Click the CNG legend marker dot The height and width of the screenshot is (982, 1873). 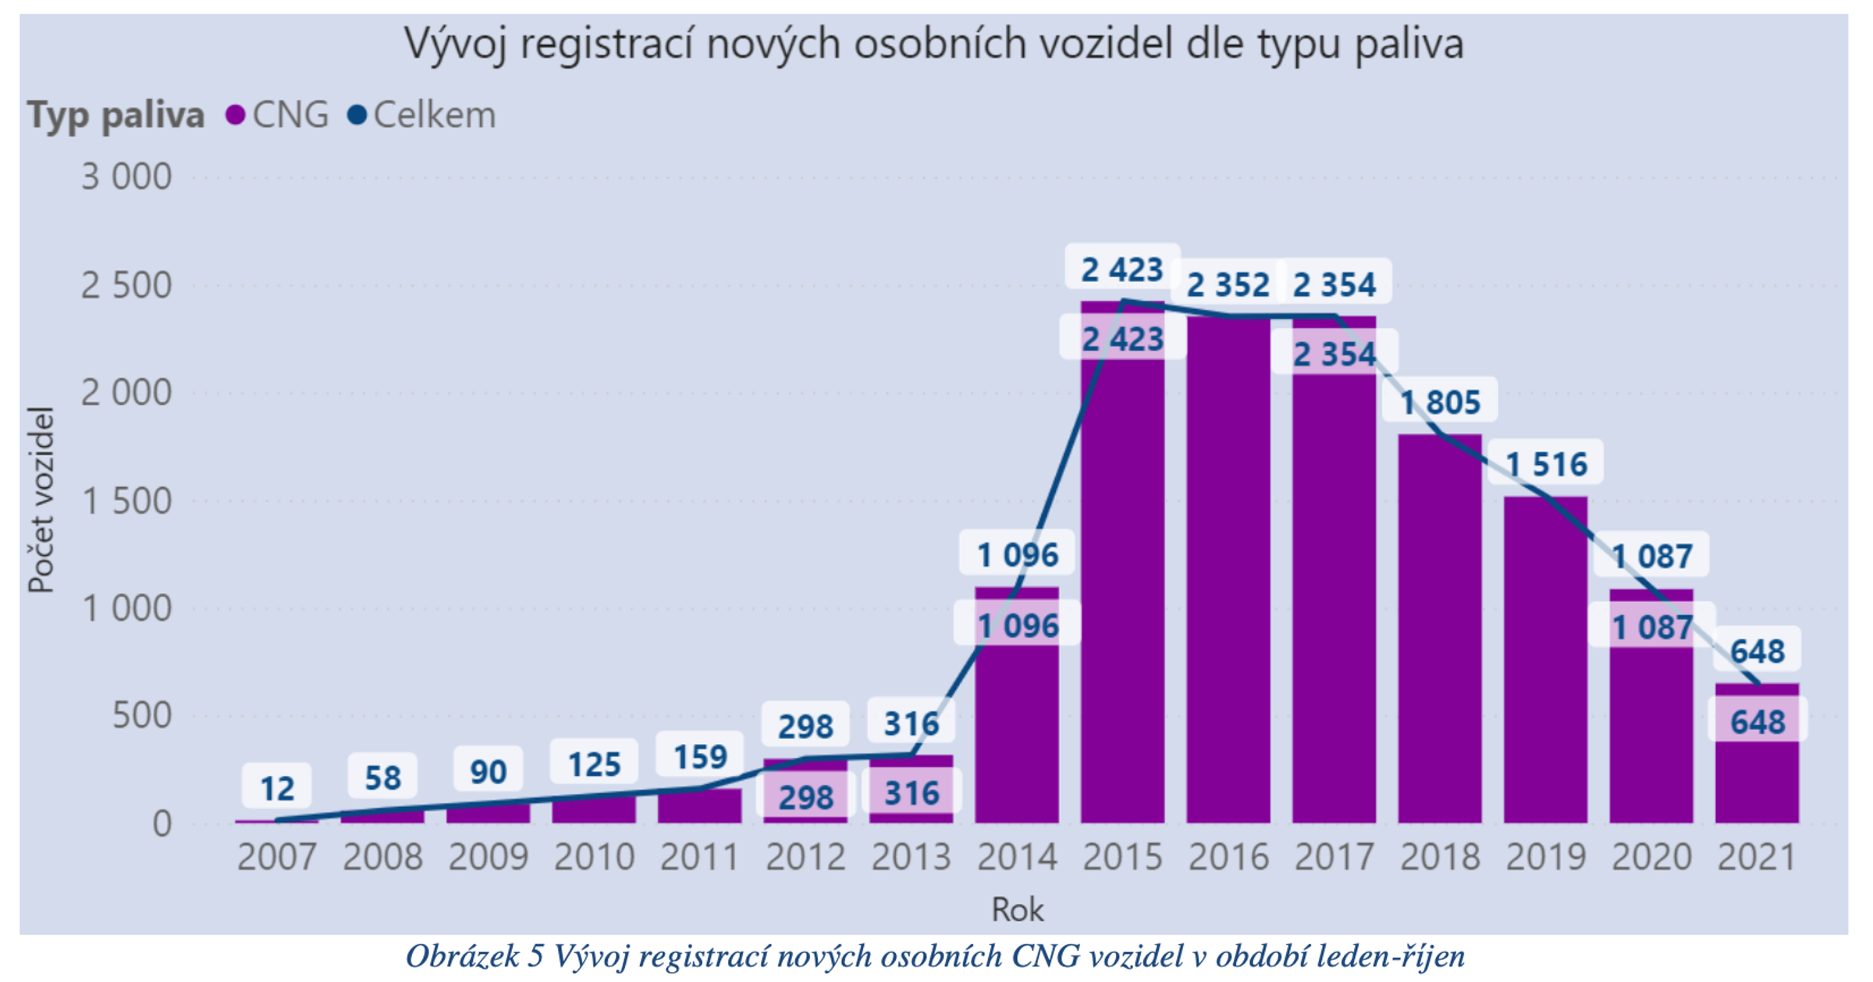tap(235, 116)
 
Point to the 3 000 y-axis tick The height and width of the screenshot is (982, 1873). tap(126, 177)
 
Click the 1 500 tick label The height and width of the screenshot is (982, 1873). tap(126, 501)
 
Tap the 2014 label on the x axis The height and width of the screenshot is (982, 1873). tap(1017, 857)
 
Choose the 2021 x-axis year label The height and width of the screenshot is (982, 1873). tap(1757, 857)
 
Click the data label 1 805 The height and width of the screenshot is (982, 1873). tap(1440, 403)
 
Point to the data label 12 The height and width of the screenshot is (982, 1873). tap(277, 788)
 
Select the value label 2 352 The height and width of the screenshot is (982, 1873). tap(1228, 285)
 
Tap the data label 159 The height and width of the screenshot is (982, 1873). tap(700, 756)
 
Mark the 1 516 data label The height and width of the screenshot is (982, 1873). tap(1546, 464)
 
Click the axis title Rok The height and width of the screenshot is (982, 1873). tap(1017, 909)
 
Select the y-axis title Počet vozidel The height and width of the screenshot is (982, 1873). tap(41, 500)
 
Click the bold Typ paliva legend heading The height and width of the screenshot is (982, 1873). tap(116, 116)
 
